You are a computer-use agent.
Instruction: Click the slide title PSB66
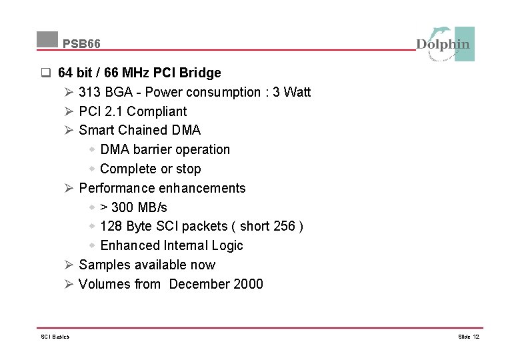click(x=82, y=44)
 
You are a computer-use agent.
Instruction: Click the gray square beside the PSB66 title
click(x=47, y=39)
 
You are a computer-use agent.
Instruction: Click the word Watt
click(x=297, y=92)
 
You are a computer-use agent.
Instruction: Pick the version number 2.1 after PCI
click(x=113, y=111)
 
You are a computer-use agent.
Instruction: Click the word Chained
click(x=143, y=130)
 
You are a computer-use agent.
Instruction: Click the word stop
click(x=188, y=169)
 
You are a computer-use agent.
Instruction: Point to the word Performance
click(x=117, y=188)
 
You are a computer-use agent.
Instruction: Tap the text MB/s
click(x=152, y=207)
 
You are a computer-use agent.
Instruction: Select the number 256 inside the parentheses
click(x=284, y=226)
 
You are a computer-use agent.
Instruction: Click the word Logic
click(x=227, y=245)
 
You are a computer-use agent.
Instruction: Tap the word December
click(x=199, y=284)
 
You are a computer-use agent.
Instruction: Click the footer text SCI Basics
click(x=55, y=337)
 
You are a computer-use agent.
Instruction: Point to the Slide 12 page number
click(x=469, y=337)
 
